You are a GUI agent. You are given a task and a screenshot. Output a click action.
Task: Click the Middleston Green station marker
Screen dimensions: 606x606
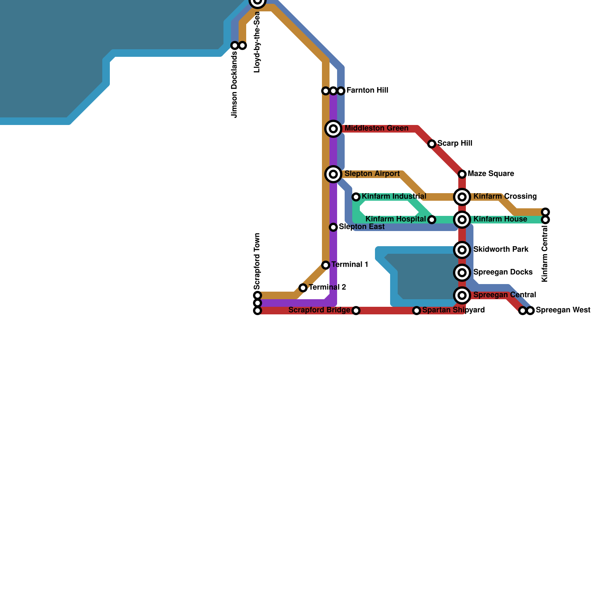pos(333,129)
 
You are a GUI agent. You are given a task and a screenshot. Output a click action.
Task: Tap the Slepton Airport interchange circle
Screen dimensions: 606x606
pos(333,174)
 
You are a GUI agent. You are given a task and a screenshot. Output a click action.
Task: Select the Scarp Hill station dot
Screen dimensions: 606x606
pos(432,144)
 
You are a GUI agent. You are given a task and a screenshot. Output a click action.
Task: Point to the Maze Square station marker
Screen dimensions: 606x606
pos(462,174)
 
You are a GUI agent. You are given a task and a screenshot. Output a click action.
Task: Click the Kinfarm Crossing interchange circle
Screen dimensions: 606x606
pos(462,197)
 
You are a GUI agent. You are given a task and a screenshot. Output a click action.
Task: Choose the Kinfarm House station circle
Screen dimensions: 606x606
pos(462,220)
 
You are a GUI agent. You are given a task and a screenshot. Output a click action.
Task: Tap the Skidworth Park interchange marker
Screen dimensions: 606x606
pos(462,250)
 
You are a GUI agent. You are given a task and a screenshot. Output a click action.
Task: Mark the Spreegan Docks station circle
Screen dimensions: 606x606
pos(462,273)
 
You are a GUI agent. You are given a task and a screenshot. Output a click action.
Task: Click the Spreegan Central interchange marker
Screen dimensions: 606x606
pos(462,295)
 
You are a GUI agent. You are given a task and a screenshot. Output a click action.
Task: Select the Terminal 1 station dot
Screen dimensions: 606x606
pos(326,265)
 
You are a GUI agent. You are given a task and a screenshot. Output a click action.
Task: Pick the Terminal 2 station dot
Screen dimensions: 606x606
pos(303,288)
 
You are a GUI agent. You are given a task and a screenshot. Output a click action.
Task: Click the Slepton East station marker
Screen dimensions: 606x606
pos(333,227)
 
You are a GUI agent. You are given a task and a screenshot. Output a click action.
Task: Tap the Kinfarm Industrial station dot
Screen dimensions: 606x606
pos(356,197)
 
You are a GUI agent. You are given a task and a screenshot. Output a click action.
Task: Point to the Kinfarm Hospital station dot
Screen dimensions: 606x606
pos(432,220)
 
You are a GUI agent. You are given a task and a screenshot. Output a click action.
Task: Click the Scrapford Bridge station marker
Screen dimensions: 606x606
pos(356,311)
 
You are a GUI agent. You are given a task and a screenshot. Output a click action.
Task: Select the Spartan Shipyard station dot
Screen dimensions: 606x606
pos(417,311)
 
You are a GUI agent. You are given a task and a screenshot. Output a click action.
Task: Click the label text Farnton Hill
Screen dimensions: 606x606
pos(367,91)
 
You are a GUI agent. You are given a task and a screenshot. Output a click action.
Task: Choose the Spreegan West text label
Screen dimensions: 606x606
pos(563,310)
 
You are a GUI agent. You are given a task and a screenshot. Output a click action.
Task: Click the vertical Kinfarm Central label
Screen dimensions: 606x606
pos(545,254)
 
